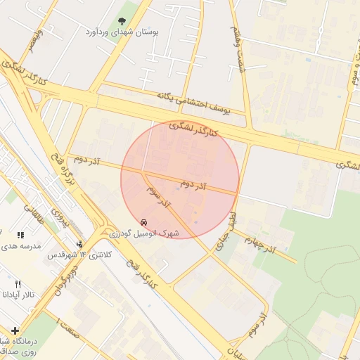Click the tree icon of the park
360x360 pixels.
click(122, 22)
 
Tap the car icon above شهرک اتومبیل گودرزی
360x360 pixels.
click(144, 221)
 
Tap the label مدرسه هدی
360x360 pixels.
click(21, 246)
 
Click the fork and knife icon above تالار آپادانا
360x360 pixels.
click(18, 284)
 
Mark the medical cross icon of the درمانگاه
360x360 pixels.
click(15, 330)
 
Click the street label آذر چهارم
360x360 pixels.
click(260, 243)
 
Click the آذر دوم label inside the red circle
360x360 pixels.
click(193, 184)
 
